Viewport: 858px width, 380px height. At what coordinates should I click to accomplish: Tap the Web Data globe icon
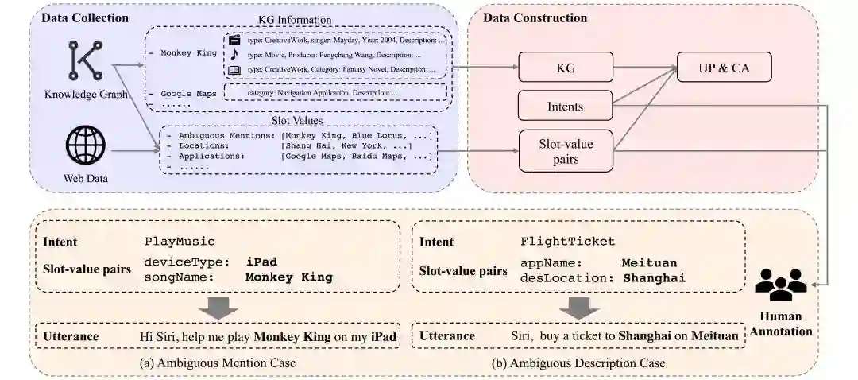pyautogui.click(x=85, y=147)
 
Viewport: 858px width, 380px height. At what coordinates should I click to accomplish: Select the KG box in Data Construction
pyautogui.click(x=566, y=68)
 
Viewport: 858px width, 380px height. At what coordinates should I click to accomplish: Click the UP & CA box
pyautogui.click(x=724, y=68)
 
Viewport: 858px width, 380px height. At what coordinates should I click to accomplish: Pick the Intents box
pyautogui.click(x=566, y=106)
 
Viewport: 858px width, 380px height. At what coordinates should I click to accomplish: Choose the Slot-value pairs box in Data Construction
pyautogui.click(x=566, y=149)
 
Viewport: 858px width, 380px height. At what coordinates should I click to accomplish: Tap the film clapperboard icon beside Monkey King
pyautogui.click(x=234, y=40)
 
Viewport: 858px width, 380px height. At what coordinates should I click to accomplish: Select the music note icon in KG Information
pyautogui.click(x=234, y=55)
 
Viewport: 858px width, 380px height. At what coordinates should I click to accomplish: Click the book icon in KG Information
pyautogui.click(x=234, y=70)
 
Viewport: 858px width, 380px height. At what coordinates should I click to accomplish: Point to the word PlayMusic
pyautogui.click(x=180, y=241)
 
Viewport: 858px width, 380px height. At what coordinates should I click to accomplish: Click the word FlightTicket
pyautogui.click(x=567, y=241)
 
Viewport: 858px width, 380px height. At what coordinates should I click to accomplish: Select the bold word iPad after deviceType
pyautogui.click(x=261, y=262)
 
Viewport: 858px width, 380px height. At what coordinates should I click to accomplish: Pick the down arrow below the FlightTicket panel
pyautogui.click(x=580, y=307)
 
